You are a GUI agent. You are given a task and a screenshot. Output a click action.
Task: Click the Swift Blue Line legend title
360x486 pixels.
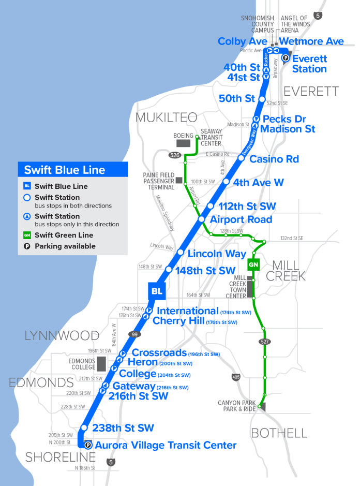(65, 170)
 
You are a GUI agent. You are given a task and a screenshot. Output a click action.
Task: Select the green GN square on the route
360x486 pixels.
(253, 264)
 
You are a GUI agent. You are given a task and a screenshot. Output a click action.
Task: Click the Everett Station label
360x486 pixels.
(309, 64)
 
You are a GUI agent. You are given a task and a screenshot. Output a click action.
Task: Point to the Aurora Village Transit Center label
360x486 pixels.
(166, 445)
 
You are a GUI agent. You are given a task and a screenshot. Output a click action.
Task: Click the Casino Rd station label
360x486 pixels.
(274, 159)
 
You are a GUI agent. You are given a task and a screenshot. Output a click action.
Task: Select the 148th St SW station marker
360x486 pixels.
(168, 270)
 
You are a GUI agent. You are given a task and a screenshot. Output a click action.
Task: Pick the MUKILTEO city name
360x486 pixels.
(167, 117)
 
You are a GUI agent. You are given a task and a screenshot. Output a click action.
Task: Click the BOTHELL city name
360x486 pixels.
(279, 433)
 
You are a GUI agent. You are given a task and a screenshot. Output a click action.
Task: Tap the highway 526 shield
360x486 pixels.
(174, 155)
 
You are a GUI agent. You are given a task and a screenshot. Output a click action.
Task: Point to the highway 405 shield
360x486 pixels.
(236, 377)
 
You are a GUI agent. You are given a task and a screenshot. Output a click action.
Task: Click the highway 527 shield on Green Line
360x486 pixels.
(264, 342)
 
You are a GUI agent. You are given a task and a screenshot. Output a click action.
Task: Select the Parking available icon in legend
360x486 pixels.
(27, 246)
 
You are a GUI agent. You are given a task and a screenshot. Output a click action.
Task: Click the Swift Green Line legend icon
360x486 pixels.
(27, 235)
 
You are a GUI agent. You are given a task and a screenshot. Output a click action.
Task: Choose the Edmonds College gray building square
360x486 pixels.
(101, 363)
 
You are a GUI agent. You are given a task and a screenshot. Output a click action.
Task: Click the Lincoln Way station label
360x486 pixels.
(217, 254)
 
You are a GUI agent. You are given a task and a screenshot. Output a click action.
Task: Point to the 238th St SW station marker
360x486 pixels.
(84, 428)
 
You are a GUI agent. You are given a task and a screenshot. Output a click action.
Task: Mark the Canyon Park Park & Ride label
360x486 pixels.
(236, 406)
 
